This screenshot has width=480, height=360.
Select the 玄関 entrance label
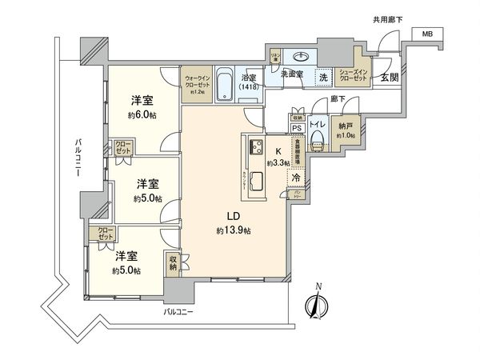[x=389, y=77]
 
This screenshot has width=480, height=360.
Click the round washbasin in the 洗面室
[x=302, y=58]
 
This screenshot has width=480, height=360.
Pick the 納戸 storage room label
[x=345, y=130]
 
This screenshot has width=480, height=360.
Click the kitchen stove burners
[x=257, y=146]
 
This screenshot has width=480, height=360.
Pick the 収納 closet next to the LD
[x=173, y=263]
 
